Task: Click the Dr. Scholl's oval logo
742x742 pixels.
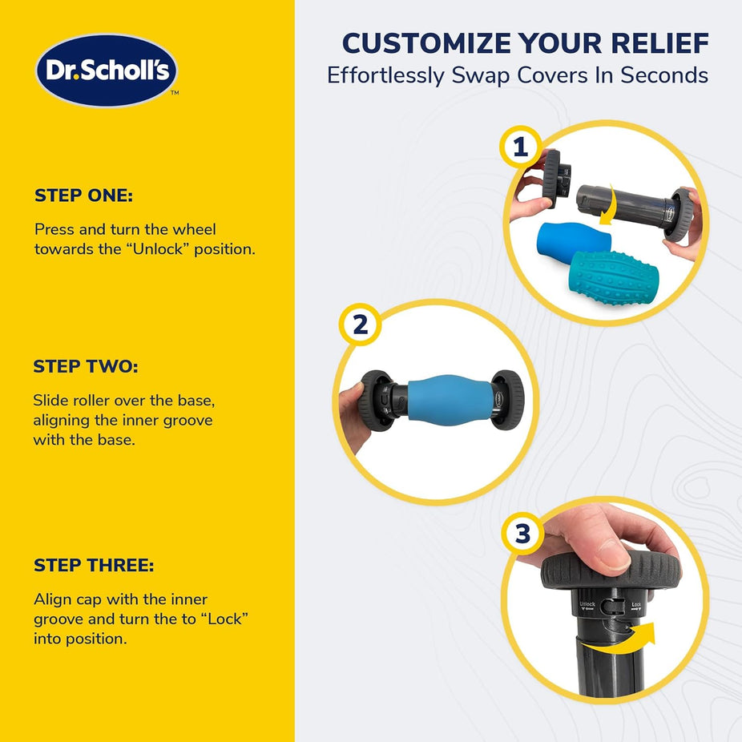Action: (107, 70)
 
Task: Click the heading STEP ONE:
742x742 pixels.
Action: (84, 196)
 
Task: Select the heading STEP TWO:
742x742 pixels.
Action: (86, 366)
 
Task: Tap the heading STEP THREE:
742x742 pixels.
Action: (94, 565)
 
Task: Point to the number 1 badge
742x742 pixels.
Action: (521, 147)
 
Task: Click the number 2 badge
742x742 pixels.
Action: (360, 325)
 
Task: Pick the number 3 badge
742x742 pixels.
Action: (522, 534)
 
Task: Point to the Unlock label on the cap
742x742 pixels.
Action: (587, 605)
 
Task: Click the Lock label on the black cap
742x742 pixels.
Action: (636, 605)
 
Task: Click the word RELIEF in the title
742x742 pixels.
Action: (659, 43)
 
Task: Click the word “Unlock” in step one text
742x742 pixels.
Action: (158, 249)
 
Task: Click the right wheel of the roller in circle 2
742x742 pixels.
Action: (508, 400)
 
